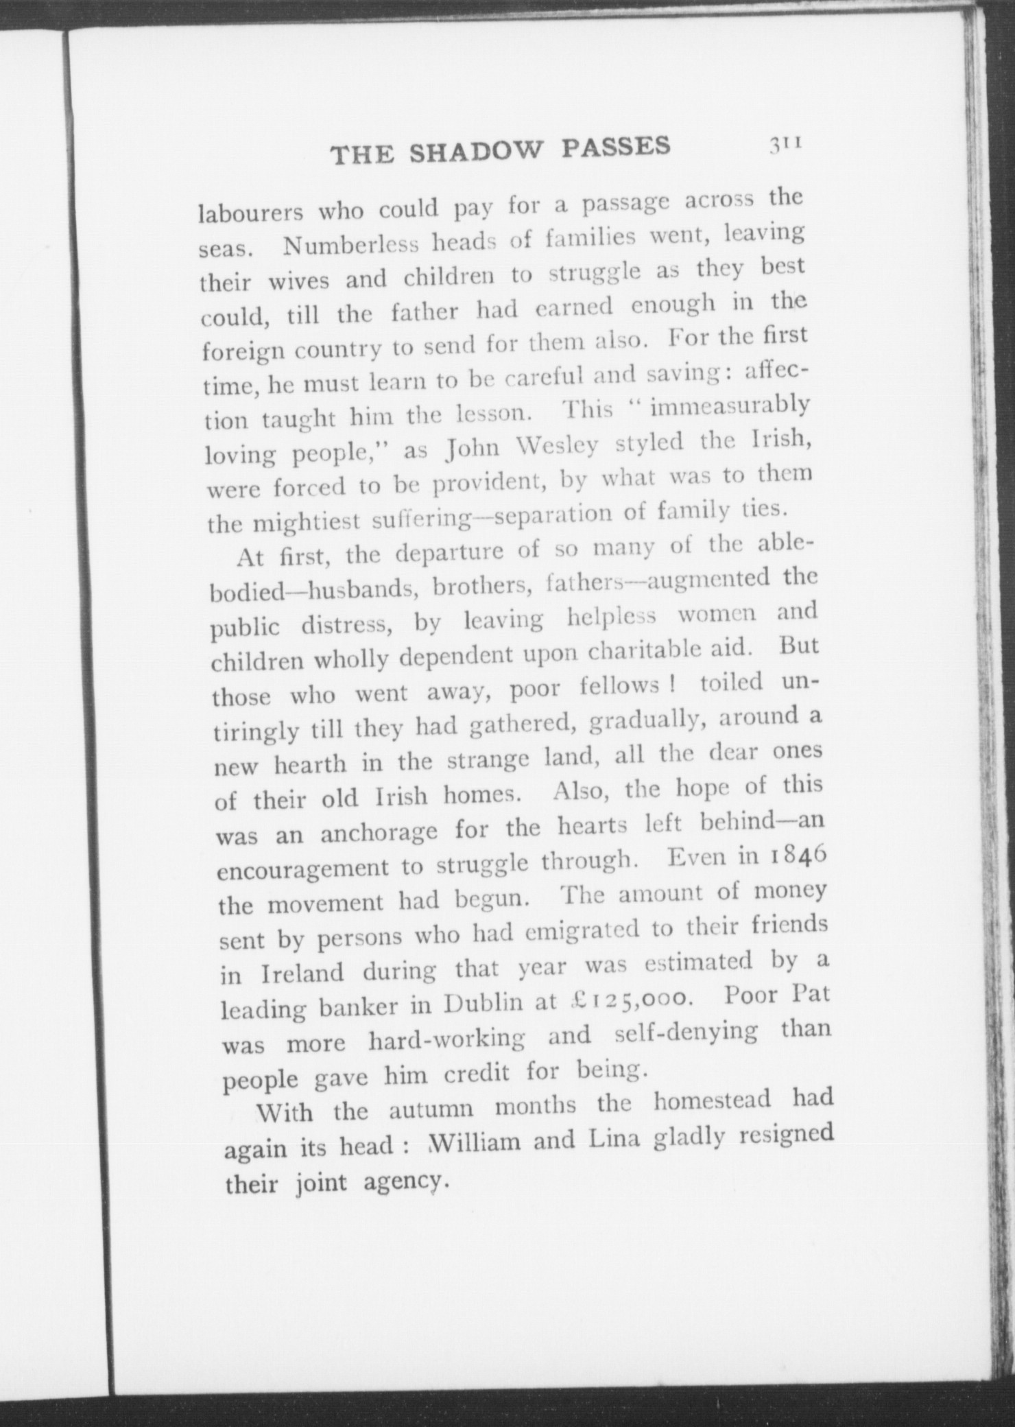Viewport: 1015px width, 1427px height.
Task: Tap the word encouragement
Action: pos(306,869)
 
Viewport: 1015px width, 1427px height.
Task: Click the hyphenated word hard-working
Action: pos(446,1040)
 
